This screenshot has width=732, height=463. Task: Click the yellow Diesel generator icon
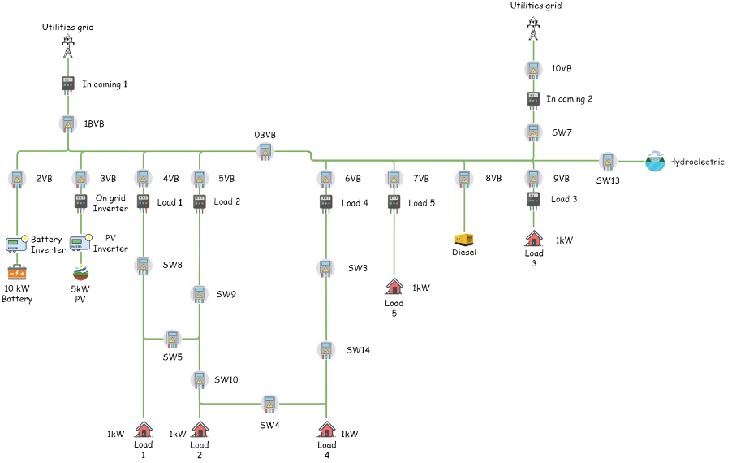[x=464, y=240]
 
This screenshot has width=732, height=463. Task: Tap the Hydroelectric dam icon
[x=655, y=161]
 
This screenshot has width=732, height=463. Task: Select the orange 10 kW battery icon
[x=17, y=272]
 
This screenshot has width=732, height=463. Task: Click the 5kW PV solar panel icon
[x=81, y=273]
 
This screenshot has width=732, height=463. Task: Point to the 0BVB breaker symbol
[x=265, y=152]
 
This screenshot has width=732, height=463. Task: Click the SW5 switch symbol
[x=172, y=339]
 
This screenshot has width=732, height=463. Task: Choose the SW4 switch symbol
[x=269, y=404]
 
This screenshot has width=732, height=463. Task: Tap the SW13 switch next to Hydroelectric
[x=607, y=162]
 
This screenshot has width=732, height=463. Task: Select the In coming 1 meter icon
[x=68, y=84]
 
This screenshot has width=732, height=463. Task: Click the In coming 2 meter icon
[x=534, y=100]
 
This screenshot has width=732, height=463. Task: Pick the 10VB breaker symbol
[x=534, y=69]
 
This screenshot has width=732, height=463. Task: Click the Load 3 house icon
[x=534, y=239]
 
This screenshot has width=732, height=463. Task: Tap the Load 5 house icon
[x=394, y=287]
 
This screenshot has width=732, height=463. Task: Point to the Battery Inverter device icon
[x=17, y=244]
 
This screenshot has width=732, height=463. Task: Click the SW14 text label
[x=358, y=350]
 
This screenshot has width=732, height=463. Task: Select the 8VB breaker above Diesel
[x=464, y=179]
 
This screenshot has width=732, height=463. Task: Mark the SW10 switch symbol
[x=200, y=380]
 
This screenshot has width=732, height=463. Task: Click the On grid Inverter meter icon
[x=81, y=201]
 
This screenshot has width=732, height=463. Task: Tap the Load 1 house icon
[x=144, y=429]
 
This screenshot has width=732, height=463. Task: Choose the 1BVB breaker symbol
[x=68, y=123]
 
